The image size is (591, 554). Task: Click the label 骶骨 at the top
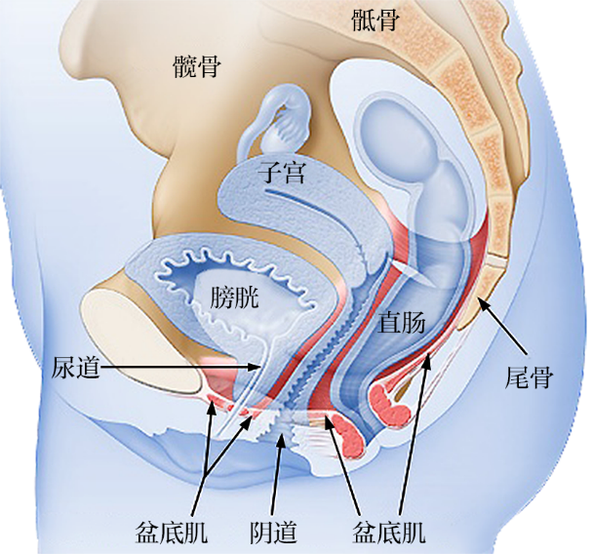[375, 20]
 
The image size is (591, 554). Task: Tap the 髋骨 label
[197, 66]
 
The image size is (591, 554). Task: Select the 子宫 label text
[282, 173]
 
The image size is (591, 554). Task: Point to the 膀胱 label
[234, 297]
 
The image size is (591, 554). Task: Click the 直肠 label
[402, 323]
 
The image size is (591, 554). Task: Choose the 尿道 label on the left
[76, 367]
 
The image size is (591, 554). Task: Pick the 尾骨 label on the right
[529, 377]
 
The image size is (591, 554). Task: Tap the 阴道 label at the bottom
[273, 533]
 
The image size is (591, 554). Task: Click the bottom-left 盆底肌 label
[171, 533]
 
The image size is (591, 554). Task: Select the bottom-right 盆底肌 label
[389, 533]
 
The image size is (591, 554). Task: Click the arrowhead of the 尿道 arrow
[256, 367]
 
